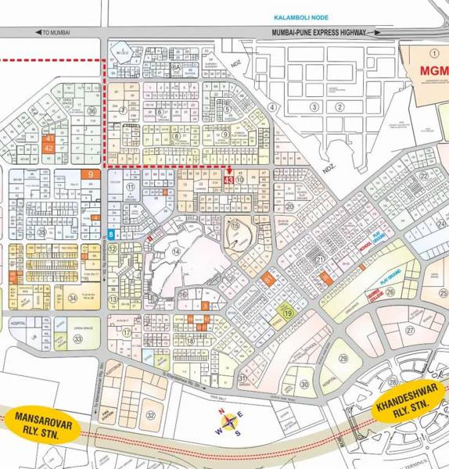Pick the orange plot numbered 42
pyautogui.click(x=48, y=147)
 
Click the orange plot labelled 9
pyautogui.click(x=92, y=175)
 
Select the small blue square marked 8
pyautogui.click(x=112, y=234)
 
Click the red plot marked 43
pyautogui.click(x=228, y=180)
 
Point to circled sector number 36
pyautogui.click(x=92, y=111)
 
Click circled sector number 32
pyautogui.click(x=151, y=415)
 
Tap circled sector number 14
pyautogui.click(x=177, y=251)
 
